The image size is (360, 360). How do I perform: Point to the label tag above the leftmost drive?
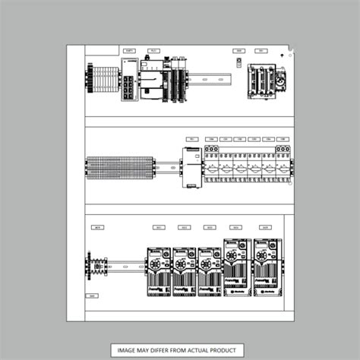pyautogui.click(x=159, y=227)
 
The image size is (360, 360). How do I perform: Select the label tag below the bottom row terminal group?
pyautogui.click(x=93, y=295)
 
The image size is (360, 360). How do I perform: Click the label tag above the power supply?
pyautogui.click(x=191, y=139)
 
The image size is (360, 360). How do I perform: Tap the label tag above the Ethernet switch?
pyautogui.click(x=129, y=50)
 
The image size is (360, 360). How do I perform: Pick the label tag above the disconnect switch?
pyautogui.click(x=261, y=50)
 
